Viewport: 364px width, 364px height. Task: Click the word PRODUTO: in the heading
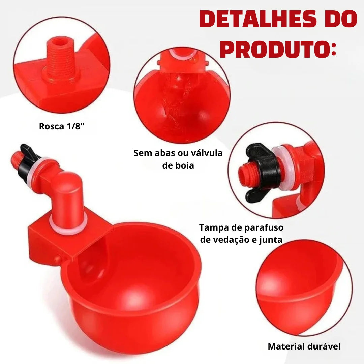click(x=278, y=50)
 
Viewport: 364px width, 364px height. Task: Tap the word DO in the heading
click(x=338, y=20)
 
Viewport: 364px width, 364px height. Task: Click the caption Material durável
click(x=304, y=346)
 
